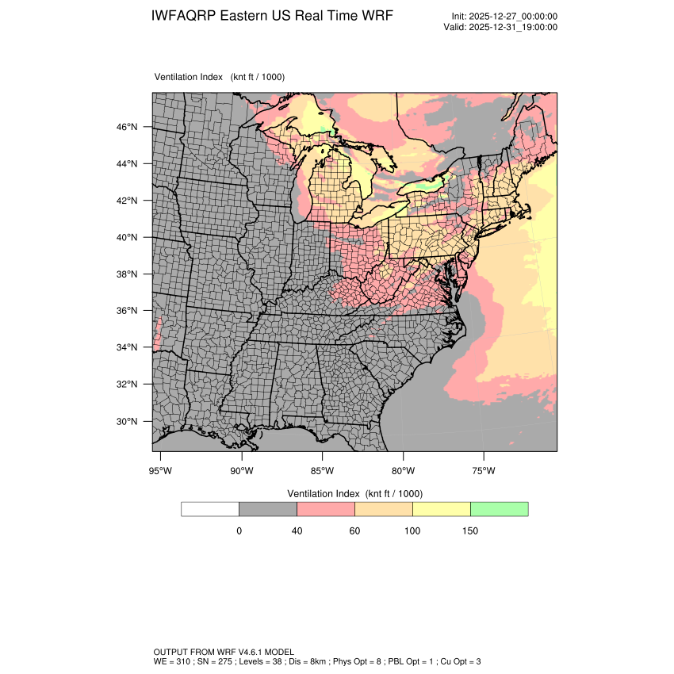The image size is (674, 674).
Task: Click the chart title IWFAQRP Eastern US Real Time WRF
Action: [x=271, y=16]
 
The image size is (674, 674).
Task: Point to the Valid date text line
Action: [x=500, y=27]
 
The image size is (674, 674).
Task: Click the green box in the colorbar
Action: [x=499, y=509]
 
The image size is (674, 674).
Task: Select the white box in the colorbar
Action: [x=210, y=509]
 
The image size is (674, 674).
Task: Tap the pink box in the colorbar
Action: [x=325, y=509]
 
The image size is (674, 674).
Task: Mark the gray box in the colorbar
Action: [x=268, y=509]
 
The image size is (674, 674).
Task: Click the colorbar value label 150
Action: [x=470, y=531]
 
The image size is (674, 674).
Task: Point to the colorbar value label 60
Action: [x=354, y=531]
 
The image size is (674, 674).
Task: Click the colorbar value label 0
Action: [x=239, y=531]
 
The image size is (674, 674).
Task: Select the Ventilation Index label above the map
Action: [x=220, y=77]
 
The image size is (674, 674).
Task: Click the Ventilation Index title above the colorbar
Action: [x=354, y=493]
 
